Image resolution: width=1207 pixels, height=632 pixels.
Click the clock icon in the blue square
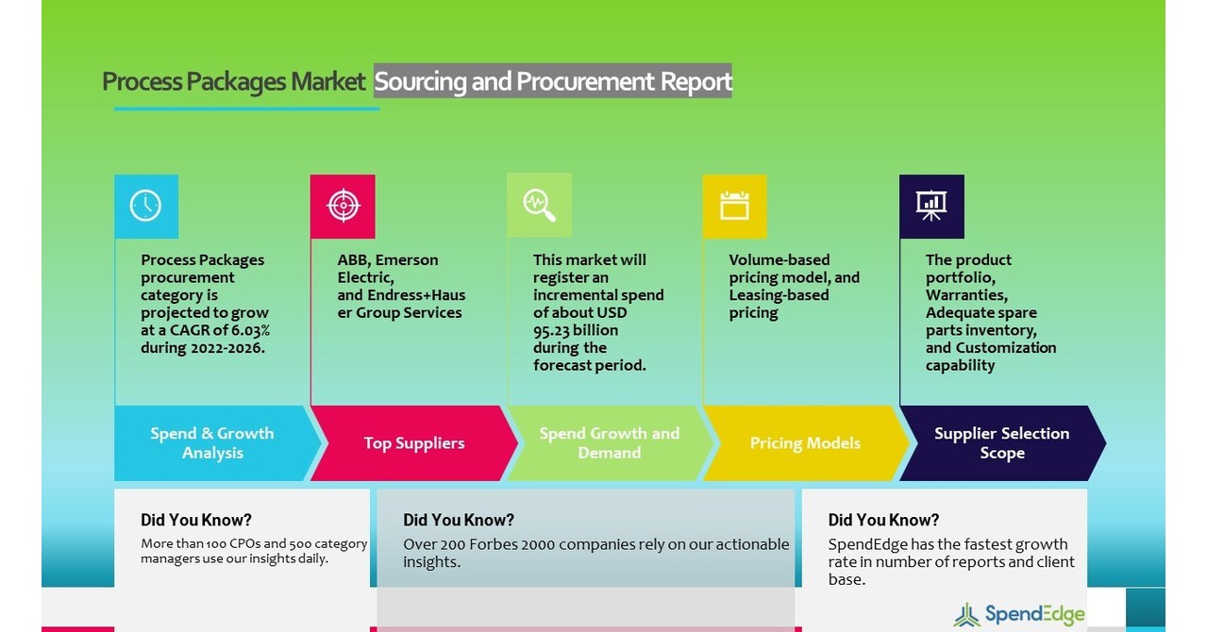[x=145, y=206]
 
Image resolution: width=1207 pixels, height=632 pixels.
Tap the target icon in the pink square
[x=343, y=206]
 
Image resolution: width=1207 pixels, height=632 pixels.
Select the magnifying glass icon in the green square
[x=539, y=205]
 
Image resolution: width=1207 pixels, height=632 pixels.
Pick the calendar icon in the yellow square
[x=734, y=206]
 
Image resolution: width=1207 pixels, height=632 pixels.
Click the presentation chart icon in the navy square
[x=931, y=206]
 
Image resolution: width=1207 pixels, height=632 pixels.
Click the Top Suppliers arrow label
[x=414, y=443]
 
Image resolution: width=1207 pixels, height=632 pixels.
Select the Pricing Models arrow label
[x=805, y=443]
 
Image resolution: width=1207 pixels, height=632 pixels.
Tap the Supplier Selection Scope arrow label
[x=1001, y=443]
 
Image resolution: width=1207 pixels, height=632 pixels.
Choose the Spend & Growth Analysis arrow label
[x=212, y=443]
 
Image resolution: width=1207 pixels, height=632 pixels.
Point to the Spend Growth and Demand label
[x=609, y=443]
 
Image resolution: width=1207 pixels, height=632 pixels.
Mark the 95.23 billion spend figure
[x=576, y=330]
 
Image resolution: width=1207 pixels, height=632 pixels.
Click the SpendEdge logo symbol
[x=966, y=615]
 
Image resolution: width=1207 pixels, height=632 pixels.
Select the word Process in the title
[x=142, y=81]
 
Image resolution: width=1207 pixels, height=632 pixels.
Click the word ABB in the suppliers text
[x=354, y=260]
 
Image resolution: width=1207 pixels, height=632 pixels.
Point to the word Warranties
[x=966, y=295]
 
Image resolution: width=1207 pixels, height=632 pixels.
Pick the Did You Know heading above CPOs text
[x=196, y=520]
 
